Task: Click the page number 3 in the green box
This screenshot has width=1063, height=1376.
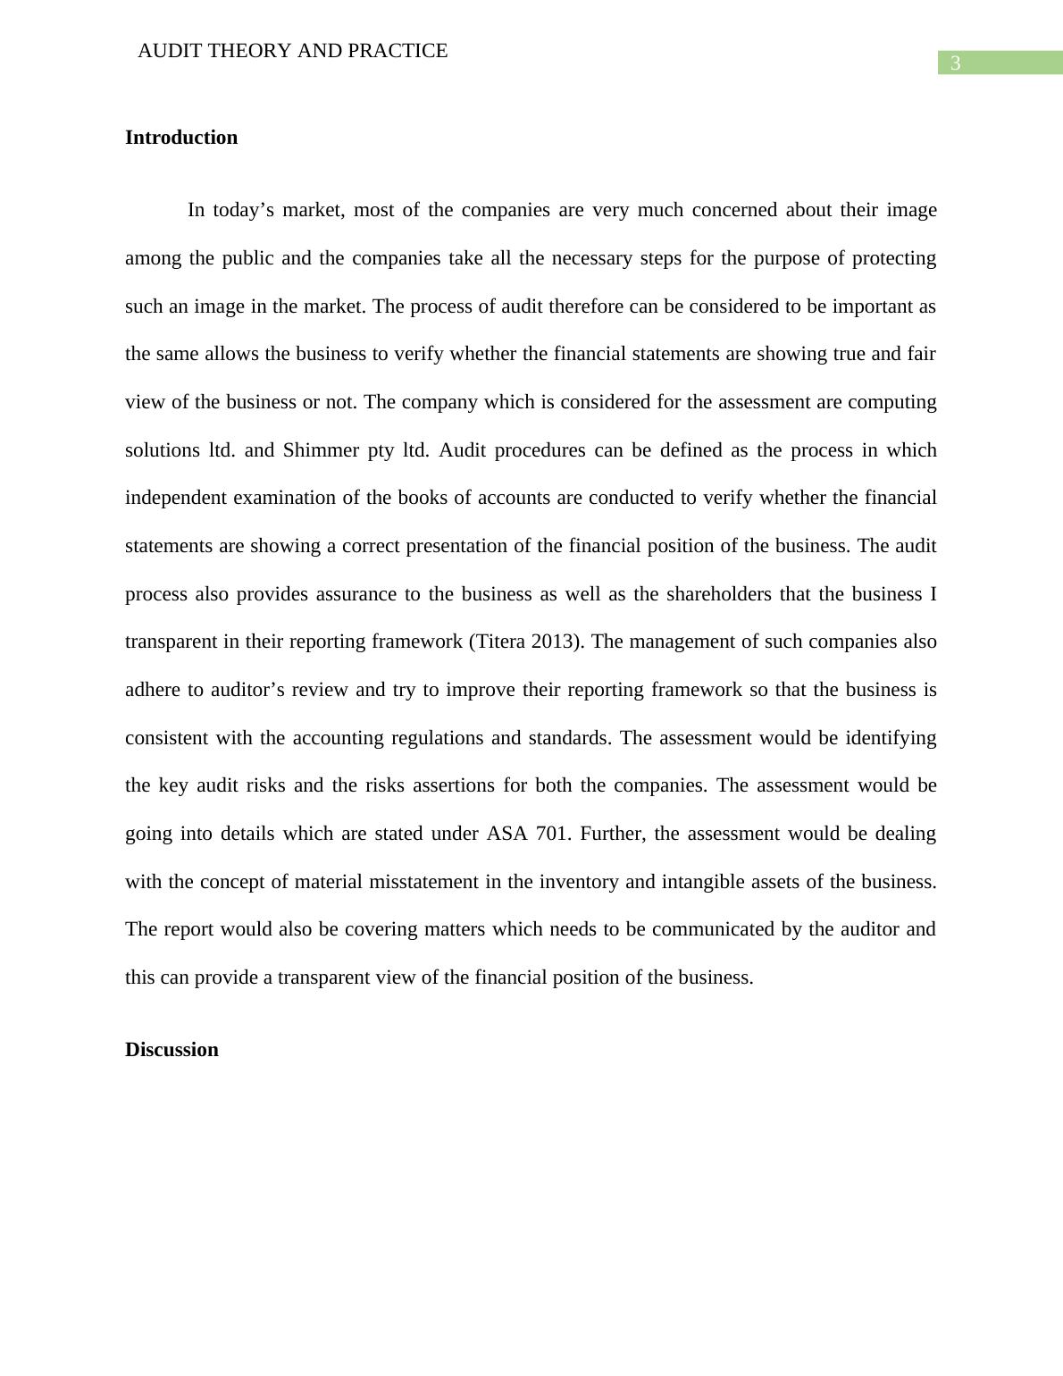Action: pyautogui.click(x=955, y=63)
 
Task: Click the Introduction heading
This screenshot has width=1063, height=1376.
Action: pyautogui.click(x=181, y=138)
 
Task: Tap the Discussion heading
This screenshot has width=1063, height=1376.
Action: pyautogui.click(x=172, y=1050)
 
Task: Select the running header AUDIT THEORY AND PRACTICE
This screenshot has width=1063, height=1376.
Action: pyautogui.click(x=292, y=51)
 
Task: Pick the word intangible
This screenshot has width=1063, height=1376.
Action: pyautogui.click(x=707, y=882)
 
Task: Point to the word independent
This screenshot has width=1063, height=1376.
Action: pyautogui.click(x=176, y=498)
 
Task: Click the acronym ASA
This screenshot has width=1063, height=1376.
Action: pyautogui.click(x=506, y=834)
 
